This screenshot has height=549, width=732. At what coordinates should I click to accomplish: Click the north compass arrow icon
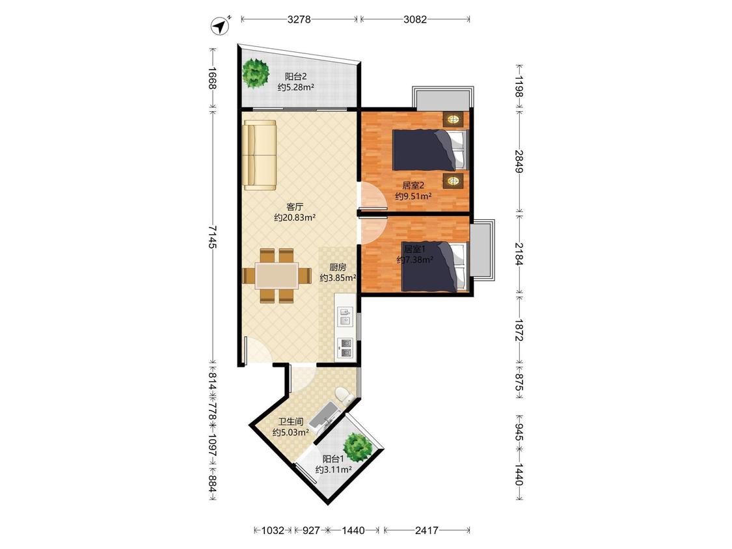[221, 25]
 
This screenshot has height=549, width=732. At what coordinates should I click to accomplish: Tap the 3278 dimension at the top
[299, 19]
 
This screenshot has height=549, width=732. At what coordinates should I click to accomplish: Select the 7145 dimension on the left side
[212, 237]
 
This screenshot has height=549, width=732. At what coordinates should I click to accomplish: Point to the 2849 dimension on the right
[519, 161]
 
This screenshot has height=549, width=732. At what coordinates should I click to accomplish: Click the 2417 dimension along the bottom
[427, 530]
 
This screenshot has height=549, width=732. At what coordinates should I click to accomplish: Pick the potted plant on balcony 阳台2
[256, 73]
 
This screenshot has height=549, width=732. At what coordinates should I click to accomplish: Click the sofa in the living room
[260, 155]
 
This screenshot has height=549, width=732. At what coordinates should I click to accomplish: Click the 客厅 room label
[295, 206]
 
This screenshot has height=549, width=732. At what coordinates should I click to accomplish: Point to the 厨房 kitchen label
[338, 267]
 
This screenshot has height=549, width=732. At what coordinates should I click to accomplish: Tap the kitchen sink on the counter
[346, 316]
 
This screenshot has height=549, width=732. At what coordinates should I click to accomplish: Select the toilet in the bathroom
[344, 395]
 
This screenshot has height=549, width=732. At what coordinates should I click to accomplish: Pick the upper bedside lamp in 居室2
[453, 119]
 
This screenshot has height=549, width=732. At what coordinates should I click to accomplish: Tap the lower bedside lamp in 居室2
[453, 181]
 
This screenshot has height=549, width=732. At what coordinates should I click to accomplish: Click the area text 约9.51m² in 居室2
[413, 196]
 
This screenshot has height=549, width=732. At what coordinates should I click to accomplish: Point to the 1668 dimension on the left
[212, 79]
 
